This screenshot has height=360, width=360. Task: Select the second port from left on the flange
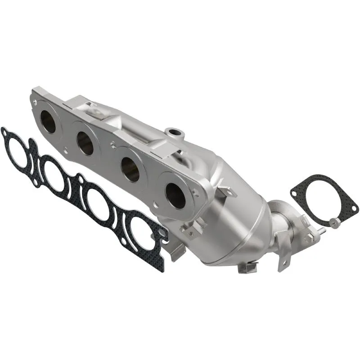tap(85, 143)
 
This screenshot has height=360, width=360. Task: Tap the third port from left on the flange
tap(131, 170)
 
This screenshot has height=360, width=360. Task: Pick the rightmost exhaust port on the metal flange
tap(175, 195)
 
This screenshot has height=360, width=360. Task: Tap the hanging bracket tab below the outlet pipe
tap(282, 256)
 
